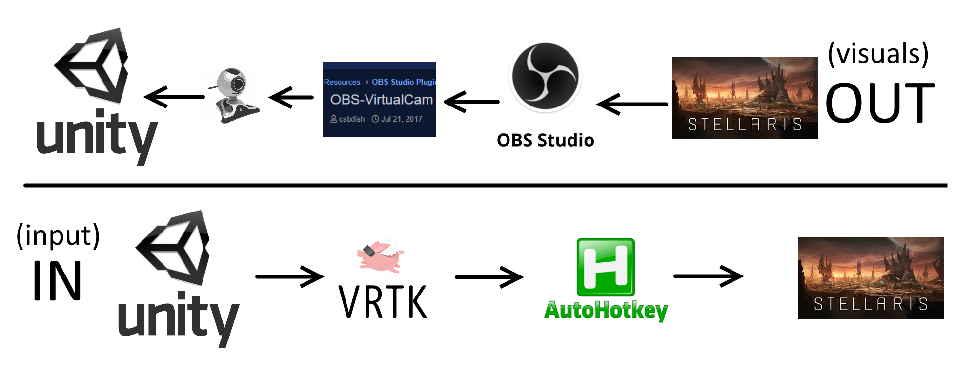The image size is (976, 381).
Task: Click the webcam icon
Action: click(233, 96)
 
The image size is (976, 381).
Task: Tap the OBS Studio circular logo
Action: click(545, 76)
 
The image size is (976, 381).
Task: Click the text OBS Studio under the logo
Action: click(545, 140)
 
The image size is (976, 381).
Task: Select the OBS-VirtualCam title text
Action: click(381, 100)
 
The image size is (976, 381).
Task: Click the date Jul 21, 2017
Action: click(401, 119)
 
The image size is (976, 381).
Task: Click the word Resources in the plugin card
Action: click(342, 82)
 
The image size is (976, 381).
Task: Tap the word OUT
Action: click(880, 103)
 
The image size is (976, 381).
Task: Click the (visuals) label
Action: click(878, 53)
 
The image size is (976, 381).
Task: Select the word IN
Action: click(57, 281)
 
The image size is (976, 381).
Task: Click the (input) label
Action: click(58, 235)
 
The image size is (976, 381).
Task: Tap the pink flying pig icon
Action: click(381, 255)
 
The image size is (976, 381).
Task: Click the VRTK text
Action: click(383, 302)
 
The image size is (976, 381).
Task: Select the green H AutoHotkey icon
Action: click(606, 267)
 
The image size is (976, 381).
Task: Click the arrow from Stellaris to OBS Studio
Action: click(632, 104)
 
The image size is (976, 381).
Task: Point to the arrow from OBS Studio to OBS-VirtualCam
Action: click(471, 102)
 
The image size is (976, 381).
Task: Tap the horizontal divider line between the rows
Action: click(486, 186)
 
